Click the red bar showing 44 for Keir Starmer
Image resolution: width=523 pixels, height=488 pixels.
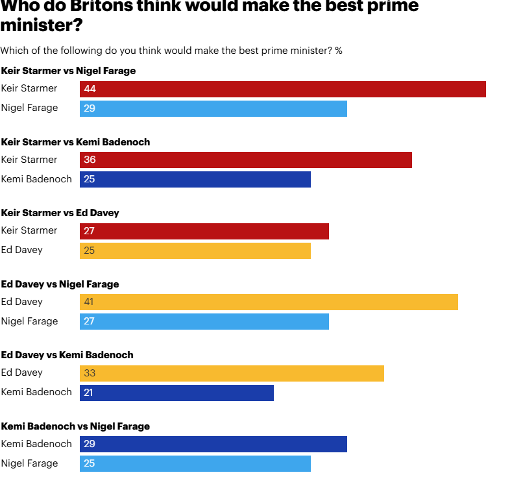point(283,89)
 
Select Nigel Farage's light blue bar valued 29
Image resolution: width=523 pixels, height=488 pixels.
point(213,108)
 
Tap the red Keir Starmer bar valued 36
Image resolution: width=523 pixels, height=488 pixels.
point(246,160)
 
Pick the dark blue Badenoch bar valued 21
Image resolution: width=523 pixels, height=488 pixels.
point(176,393)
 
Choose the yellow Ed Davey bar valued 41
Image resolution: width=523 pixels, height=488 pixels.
point(269,302)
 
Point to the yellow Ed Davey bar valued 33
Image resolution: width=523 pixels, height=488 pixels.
point(232,373)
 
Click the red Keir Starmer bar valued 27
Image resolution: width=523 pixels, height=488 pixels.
point(204,231)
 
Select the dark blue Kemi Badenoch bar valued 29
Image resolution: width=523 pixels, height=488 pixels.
point(213,444)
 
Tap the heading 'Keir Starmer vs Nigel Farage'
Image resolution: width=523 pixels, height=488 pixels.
point(68,71)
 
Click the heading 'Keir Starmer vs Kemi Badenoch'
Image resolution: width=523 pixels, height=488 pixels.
point(75,142)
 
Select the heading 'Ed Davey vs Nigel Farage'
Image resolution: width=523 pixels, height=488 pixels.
point(60,284)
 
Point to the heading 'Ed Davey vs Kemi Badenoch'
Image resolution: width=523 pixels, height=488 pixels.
point(67,355)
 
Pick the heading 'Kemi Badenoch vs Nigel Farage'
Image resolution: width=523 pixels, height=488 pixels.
point(75,426)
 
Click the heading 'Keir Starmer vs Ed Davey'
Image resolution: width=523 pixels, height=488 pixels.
point(60,213)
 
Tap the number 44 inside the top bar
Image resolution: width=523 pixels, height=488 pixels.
point(90,89)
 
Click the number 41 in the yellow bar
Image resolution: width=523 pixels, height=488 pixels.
point(90,302)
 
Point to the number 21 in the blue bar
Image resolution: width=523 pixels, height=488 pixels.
point(90,393)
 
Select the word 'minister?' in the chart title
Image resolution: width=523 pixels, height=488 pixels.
point(42,26)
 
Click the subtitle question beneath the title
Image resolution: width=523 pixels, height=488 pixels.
point(171,51)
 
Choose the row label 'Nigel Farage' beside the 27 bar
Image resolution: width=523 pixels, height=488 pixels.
point(29,321)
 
